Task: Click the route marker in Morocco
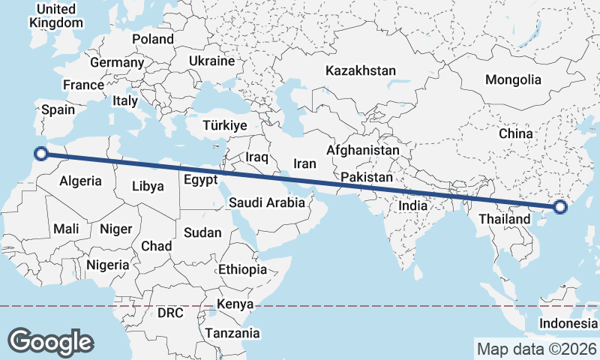pos(42,154)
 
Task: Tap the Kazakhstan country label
pos(360,71)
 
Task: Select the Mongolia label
pos(513,79)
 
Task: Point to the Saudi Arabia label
pos(267,202)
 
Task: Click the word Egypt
pos(200,180)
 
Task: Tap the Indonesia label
pos(568,324)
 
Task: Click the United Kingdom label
pos(56,16)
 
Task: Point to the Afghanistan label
pos(363,151)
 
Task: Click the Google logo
pos(50,341)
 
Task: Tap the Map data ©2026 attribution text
pos(537,349)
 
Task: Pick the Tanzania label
pos(232,333)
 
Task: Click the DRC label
pos(170,312)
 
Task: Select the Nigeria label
pos(108,265)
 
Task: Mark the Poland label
pos(152,39)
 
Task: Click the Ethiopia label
pos(242,270)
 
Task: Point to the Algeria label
pos(80,181)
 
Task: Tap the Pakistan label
pos(367,178)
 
